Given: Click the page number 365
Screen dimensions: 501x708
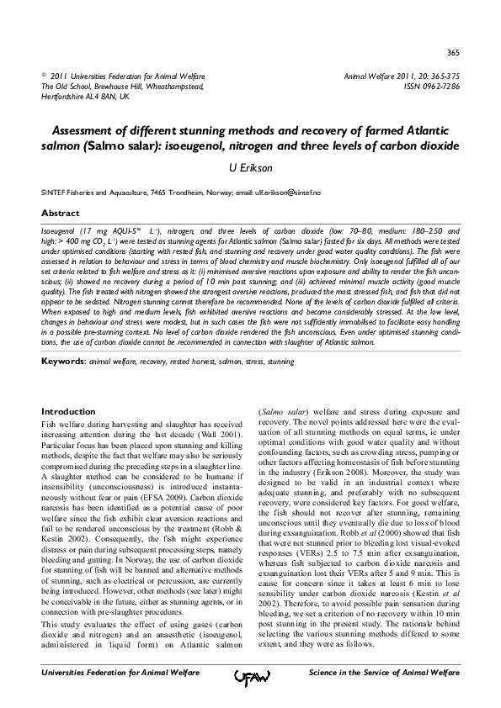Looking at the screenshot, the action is click(x=452, y=51).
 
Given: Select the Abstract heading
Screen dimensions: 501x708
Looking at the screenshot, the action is click(x=61, y=214).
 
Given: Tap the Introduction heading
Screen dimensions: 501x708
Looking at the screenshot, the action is click(x=69, y=411).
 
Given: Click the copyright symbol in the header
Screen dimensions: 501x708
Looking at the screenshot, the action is click(x=44, y=75).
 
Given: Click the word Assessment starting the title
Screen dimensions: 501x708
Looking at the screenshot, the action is click(x=88, y=132).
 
